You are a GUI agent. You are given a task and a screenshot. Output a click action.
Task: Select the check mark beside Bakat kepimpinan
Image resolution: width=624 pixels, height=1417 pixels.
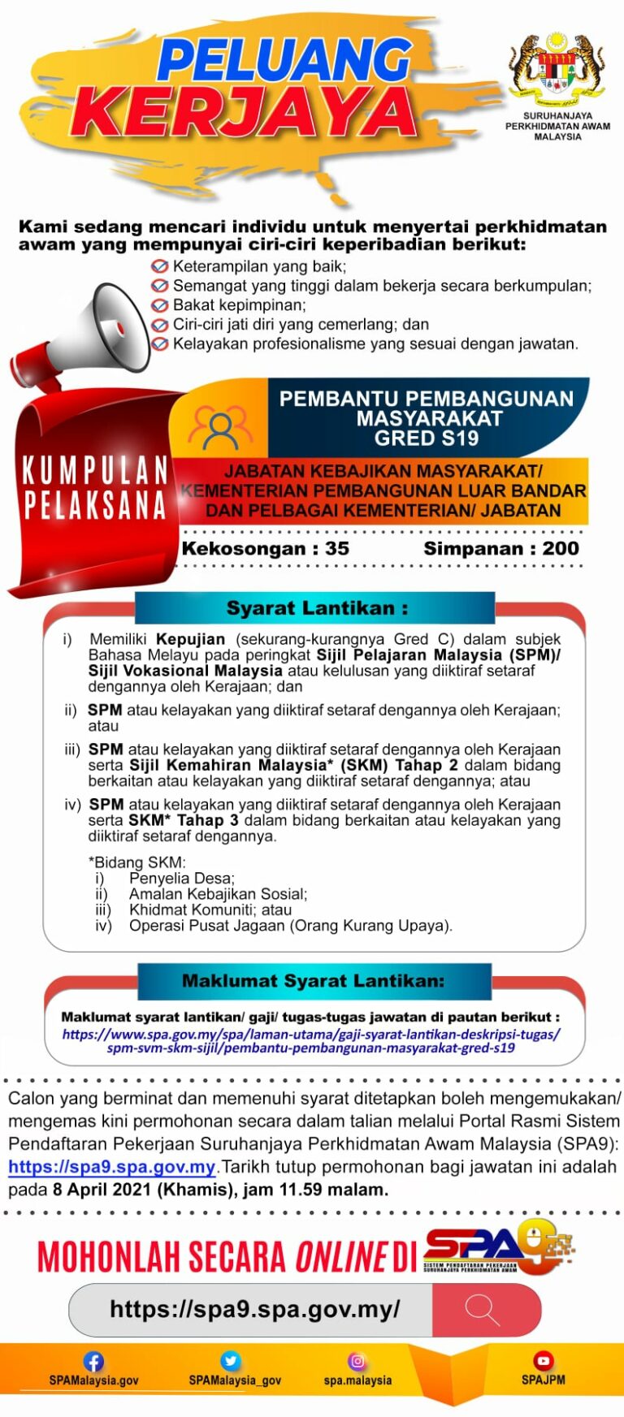[x=160, y=305]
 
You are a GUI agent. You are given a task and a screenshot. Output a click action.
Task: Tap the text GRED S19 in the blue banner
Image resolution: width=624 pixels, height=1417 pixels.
[x=427, y=438]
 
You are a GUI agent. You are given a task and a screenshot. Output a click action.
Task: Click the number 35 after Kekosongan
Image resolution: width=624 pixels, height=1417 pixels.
[x=337, y=548]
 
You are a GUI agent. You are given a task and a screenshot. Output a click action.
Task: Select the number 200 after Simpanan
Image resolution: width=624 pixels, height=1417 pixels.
[x=561, y=548]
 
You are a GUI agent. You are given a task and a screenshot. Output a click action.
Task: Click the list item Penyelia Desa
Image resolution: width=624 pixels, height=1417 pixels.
[x=181, y=878]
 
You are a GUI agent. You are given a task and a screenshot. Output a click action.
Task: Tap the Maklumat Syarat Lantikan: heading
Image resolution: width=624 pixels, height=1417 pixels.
[x=314, y=981]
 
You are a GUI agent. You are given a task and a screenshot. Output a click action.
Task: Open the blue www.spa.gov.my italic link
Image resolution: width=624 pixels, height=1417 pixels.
[x=311, y=1041]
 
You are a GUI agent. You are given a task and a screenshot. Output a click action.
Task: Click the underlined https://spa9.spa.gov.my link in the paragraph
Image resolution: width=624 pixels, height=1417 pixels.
[x=111, y=1167]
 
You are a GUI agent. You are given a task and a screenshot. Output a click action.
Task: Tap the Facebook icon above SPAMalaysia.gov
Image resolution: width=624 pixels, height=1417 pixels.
[x=93, y=1362]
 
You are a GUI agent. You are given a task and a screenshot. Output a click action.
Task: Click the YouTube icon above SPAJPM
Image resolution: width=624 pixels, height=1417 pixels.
[x=544, y=1360]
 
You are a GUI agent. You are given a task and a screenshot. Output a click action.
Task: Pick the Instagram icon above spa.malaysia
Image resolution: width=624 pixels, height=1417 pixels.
[x=357, y=1361]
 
